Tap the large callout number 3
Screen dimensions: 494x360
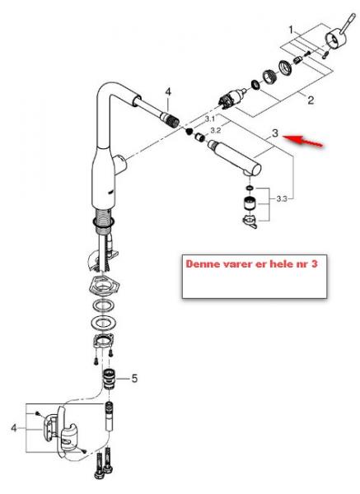coord(275,133)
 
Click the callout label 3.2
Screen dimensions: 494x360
coord(216,130)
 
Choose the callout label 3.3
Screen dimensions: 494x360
coord(281,198)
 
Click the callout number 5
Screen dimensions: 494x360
coord(135,380)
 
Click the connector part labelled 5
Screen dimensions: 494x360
coord(108,380)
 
